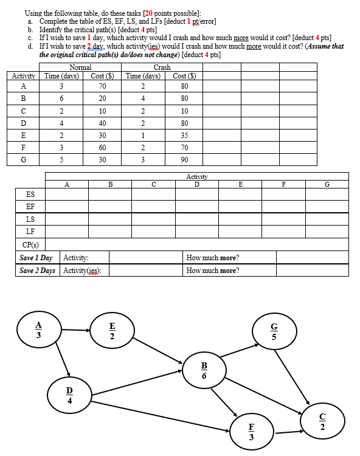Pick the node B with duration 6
click(x=204, y=370)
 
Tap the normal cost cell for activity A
click(x=103, y=86)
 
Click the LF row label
click(x=30, y=231)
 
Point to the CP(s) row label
click(x=30, y=244)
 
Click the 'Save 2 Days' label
click(x=37, y=270)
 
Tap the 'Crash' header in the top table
click(x=162, y=67)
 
